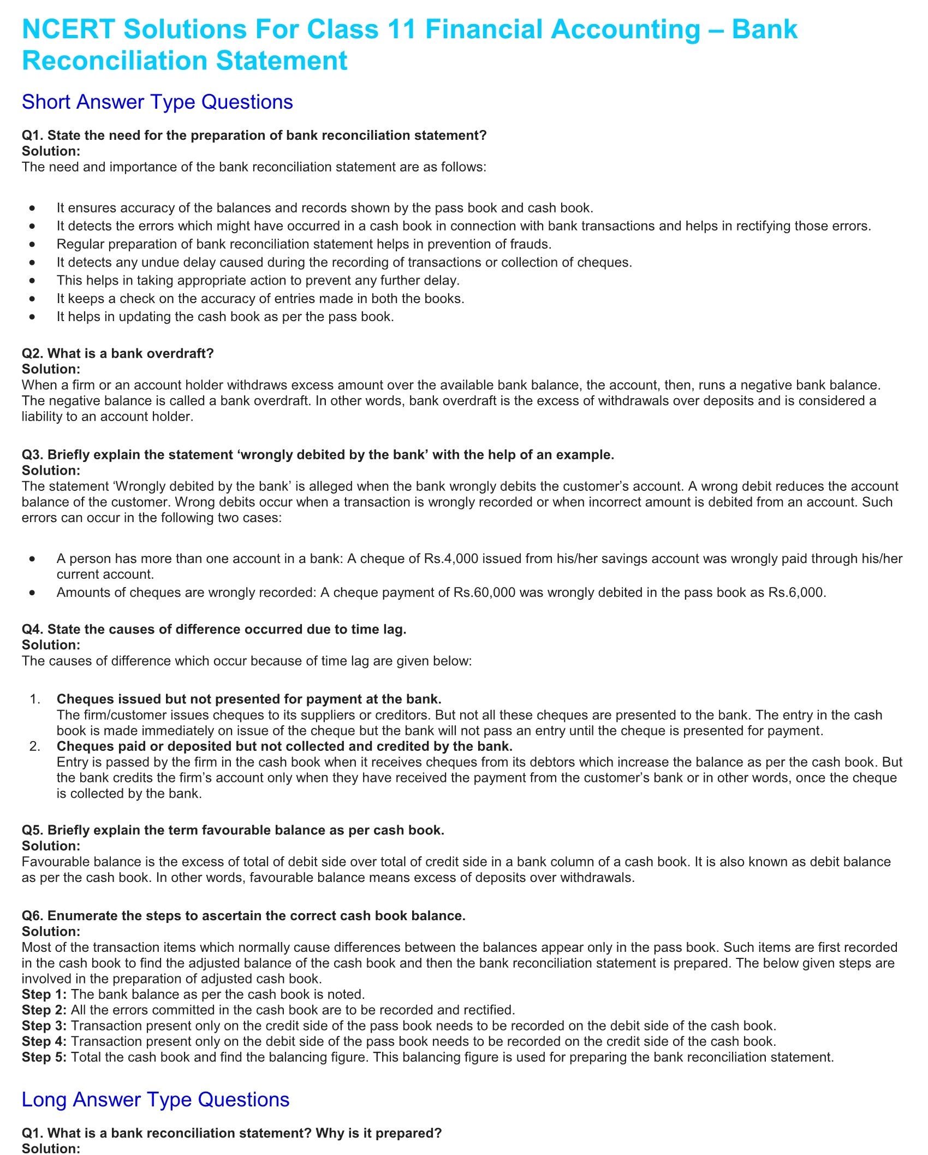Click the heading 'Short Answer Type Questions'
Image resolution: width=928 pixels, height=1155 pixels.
click(157, 102)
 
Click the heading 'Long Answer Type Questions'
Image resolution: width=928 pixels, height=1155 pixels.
click(156, 1099)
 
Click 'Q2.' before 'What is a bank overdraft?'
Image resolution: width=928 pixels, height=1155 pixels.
click(32, 353)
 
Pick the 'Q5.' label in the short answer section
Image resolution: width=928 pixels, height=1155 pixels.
click(32, 830)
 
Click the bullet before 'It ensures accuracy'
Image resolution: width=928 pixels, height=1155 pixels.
click(33, 208)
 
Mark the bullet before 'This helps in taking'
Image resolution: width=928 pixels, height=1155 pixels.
click(33, 281)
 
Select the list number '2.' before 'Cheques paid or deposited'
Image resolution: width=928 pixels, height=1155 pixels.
click(35, 746)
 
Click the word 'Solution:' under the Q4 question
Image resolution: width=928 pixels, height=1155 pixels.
click(51, 645)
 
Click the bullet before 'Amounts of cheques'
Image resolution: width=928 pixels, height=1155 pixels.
click(33, 593)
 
